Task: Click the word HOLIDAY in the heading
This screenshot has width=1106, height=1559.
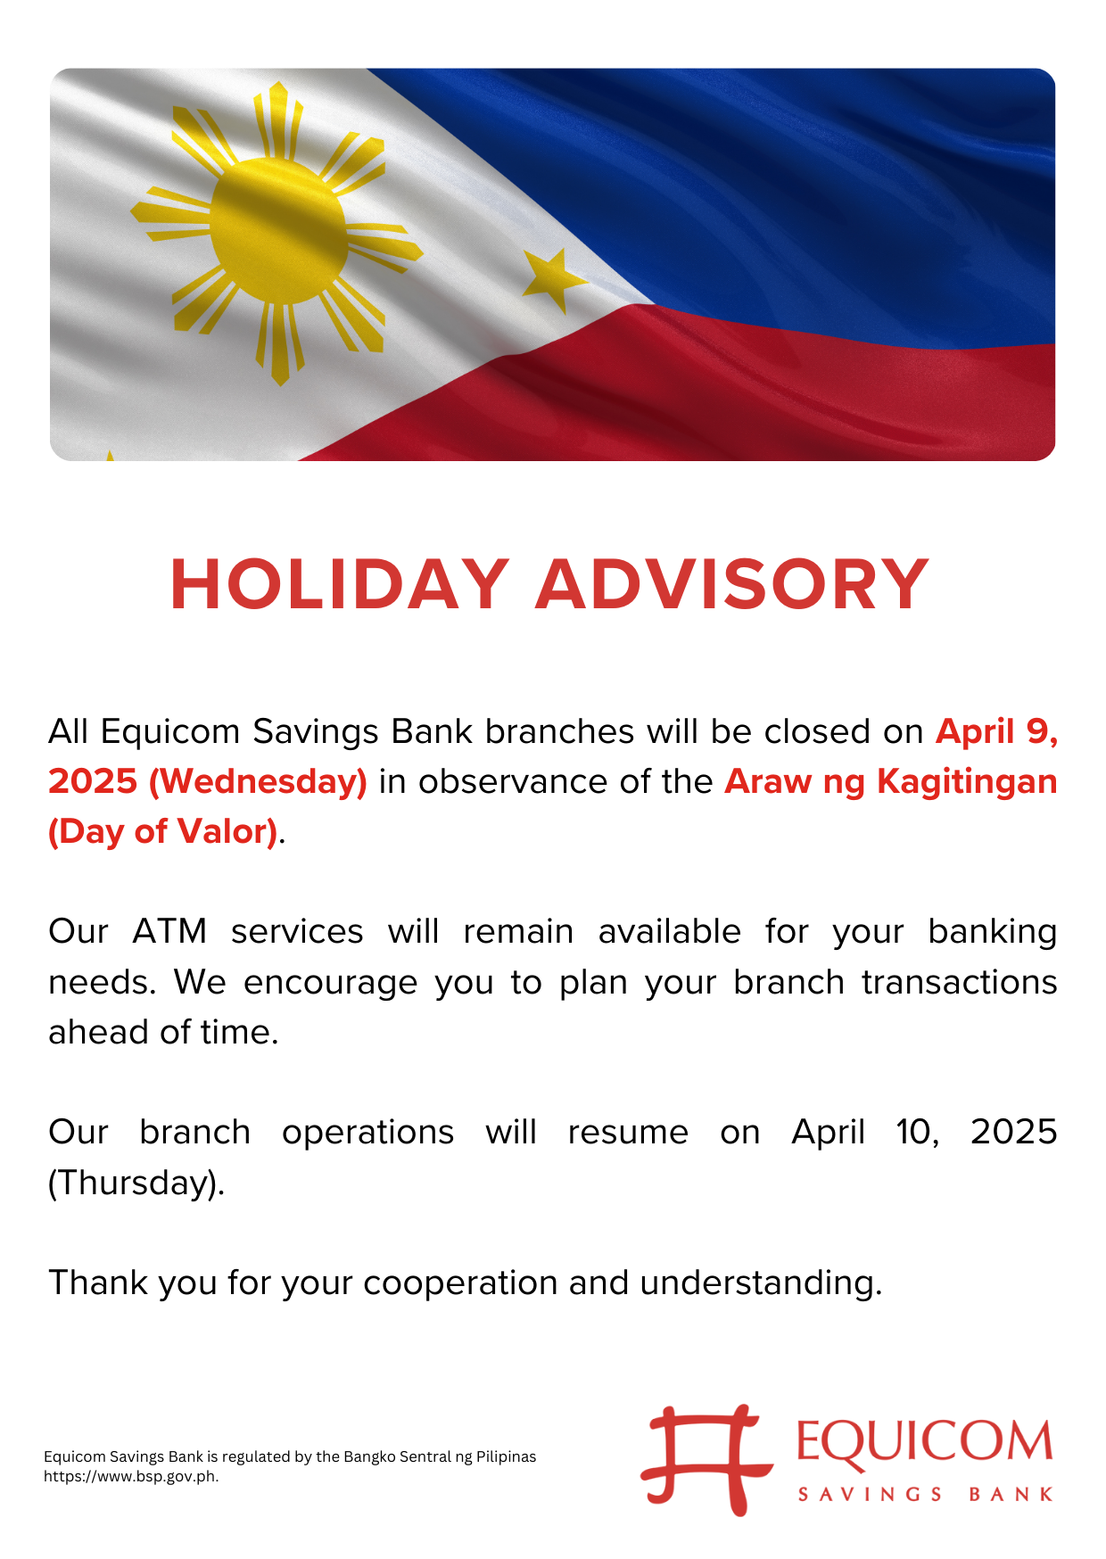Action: (x=340, y=585)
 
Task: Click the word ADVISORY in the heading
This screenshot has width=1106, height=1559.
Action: (x=732, y=585)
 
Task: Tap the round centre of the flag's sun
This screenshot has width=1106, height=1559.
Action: (x=278, y=230)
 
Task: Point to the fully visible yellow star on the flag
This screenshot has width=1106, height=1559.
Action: (x=553, y=278)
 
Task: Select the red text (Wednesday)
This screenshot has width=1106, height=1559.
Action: (x=258, y=782)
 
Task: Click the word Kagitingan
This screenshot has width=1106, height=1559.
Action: (x=967, y=782)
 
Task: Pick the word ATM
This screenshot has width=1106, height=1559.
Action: (x=170, y=931)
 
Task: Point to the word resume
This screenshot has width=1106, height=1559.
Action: (x=628, y=1133)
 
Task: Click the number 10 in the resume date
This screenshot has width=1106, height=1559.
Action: (x=917, y=1133)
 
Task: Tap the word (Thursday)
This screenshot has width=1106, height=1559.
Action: (x=136, y=1183)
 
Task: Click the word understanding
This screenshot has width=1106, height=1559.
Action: (x=761, y=1283)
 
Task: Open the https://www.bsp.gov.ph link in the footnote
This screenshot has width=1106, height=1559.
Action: (x=131, y=1476)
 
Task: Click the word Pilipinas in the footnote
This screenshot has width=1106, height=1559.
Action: (x=507, y=1456)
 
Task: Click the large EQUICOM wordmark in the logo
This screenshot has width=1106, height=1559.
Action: (x=924, y=1442)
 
